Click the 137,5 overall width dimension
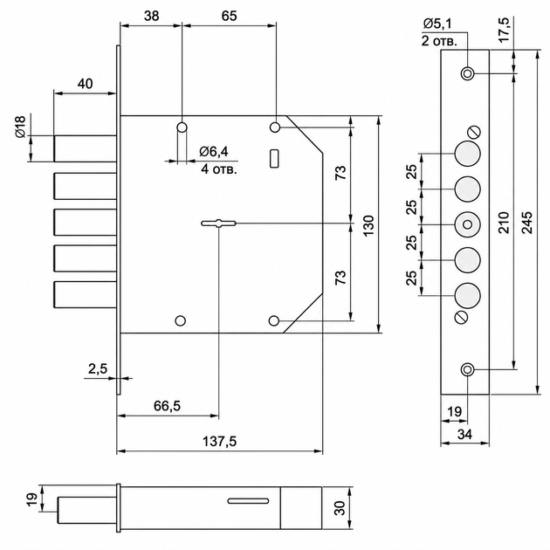pos(220,441)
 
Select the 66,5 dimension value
pos(167,406)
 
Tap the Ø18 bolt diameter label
pos(20,127)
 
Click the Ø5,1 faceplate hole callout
pos(437,24)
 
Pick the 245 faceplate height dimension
pos(526,222)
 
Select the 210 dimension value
pos(504,222)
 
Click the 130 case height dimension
pos(368,225)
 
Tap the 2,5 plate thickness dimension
pos(98,369)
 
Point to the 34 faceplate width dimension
pos(464,434)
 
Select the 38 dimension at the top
pos(152,16)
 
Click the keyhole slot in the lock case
pos(218,223)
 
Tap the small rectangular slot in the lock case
pos(274,158)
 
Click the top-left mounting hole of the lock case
pos(182,127)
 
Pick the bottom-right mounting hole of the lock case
pos(273,320)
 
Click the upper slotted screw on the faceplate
pos(474,133)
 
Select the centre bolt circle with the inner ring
pos(467,224)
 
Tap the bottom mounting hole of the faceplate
pos(467,369)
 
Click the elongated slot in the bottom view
pos(248,500)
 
